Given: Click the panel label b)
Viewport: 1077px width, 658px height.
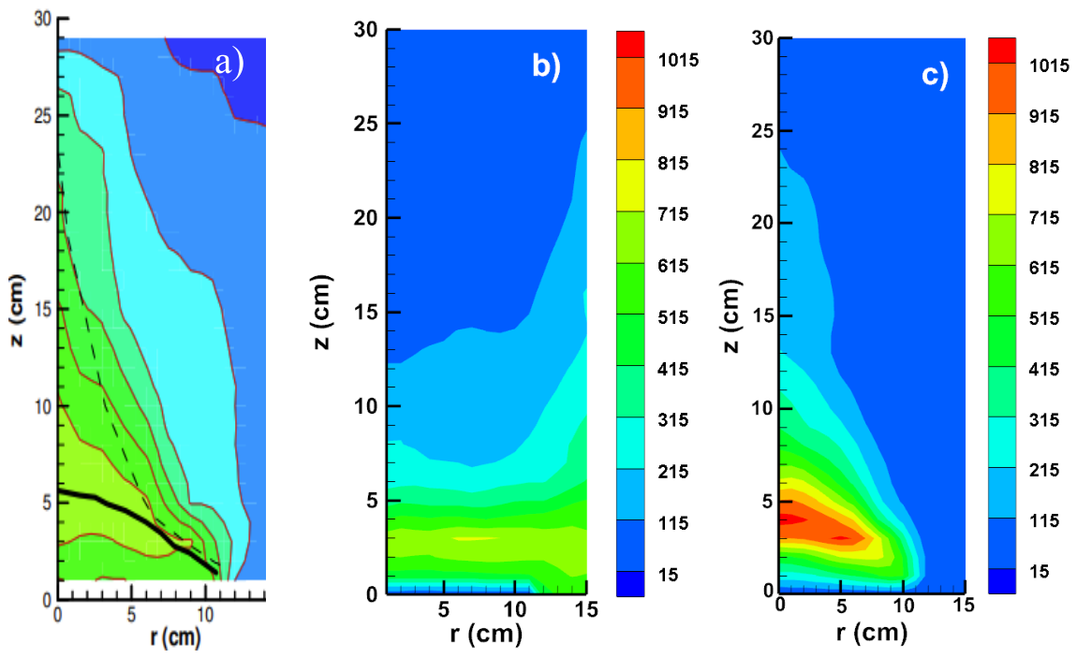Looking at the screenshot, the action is pyautogui.click(x=546, y=66).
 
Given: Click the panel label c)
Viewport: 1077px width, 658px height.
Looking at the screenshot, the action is pyautogui.click(x=935, y=74).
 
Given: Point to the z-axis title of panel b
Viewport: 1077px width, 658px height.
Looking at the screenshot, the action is pyautogui.click(x=322, y=313).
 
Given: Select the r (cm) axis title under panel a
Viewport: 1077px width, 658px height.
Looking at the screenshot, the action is pyautogui.click(x=176, y=636).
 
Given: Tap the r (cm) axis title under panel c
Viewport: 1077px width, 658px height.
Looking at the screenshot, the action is pyautogui.click(x=872, y=631).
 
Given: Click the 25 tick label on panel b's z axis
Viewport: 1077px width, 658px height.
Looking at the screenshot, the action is pyautogui.click(x=366, y=124).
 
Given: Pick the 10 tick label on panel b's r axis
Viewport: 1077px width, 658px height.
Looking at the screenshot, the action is pyautogui.click(x=514, y=608).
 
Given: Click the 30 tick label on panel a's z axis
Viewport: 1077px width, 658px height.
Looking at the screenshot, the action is pyautogui.click(x=42, y=20).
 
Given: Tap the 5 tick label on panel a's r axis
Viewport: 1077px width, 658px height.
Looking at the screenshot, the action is pyautogui.click(x=131, y=614).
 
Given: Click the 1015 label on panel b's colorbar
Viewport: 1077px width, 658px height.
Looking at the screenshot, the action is pyautogui.click(x=678, y=61).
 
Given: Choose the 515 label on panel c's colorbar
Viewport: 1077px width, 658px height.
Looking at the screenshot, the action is pyautogui.click(x=1044, y=318).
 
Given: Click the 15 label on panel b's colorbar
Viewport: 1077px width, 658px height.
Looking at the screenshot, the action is pyautogui.click(x=669, y=575).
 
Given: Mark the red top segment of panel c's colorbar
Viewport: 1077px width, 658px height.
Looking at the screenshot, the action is pyautogui.click(x=1001, y=51).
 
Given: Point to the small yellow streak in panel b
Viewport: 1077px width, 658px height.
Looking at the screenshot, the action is pyautogui.click(x=474, y=538).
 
